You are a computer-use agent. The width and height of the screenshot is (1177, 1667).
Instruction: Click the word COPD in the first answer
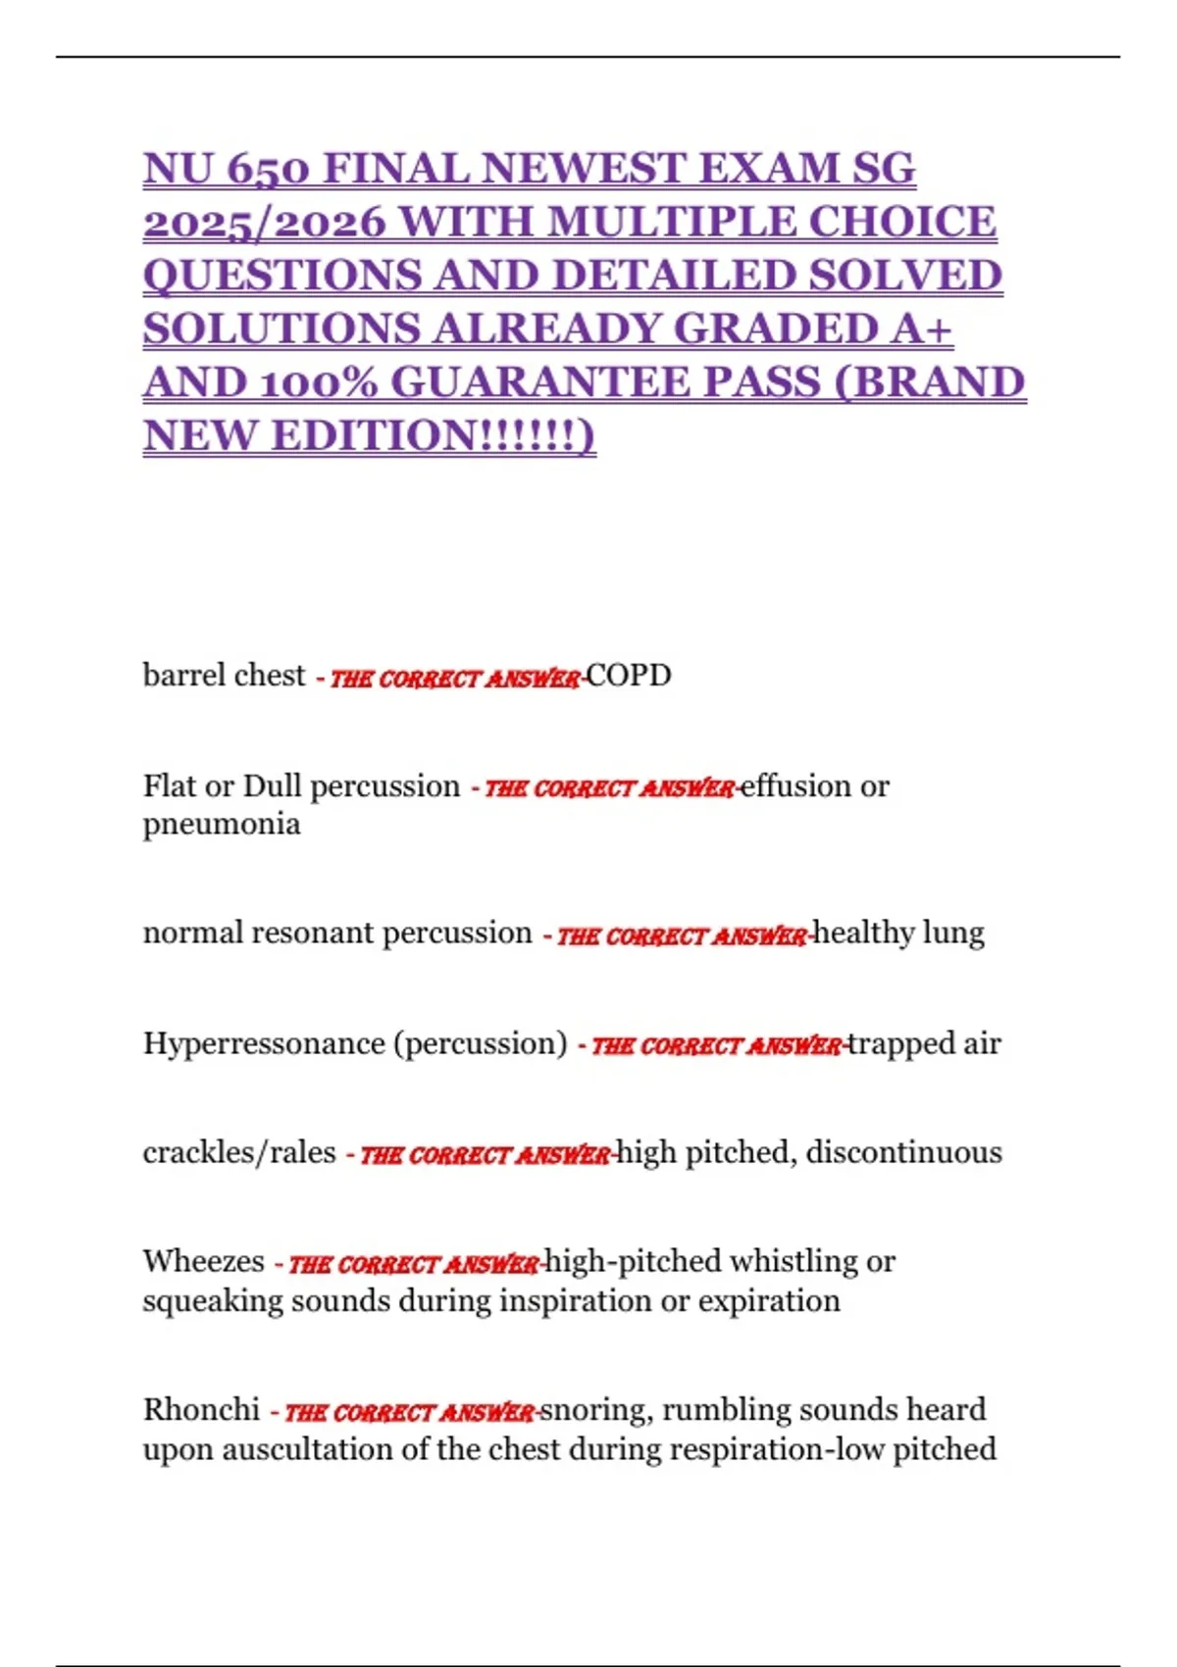click(629, 676)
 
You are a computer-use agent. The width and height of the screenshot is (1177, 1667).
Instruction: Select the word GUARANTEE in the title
click(605, 382)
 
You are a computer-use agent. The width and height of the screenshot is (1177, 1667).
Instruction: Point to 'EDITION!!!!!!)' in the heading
click(434, 435)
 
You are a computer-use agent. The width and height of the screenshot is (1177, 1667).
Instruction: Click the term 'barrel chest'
click(224, 676)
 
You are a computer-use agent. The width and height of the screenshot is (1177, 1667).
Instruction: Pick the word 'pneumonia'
click(222, 824)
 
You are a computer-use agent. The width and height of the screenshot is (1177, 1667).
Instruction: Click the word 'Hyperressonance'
click(264, 1043)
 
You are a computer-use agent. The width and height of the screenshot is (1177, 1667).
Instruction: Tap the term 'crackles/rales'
click(239, 1152)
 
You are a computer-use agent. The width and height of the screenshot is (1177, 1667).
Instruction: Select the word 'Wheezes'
click(203, 1261)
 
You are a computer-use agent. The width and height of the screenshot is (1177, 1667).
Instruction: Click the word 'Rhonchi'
click(201, 1410)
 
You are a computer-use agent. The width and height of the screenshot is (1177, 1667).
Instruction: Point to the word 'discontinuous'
click(903, 1152)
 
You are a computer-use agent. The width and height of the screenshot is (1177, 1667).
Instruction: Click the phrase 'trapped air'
click(925, 1043)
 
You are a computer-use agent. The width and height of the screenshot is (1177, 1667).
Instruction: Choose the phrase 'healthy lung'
click(899, 933)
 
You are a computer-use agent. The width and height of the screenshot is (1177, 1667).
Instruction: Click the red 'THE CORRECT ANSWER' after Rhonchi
click(410, 1413)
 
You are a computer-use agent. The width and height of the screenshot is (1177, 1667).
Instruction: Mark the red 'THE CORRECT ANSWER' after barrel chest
click(455, 679)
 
